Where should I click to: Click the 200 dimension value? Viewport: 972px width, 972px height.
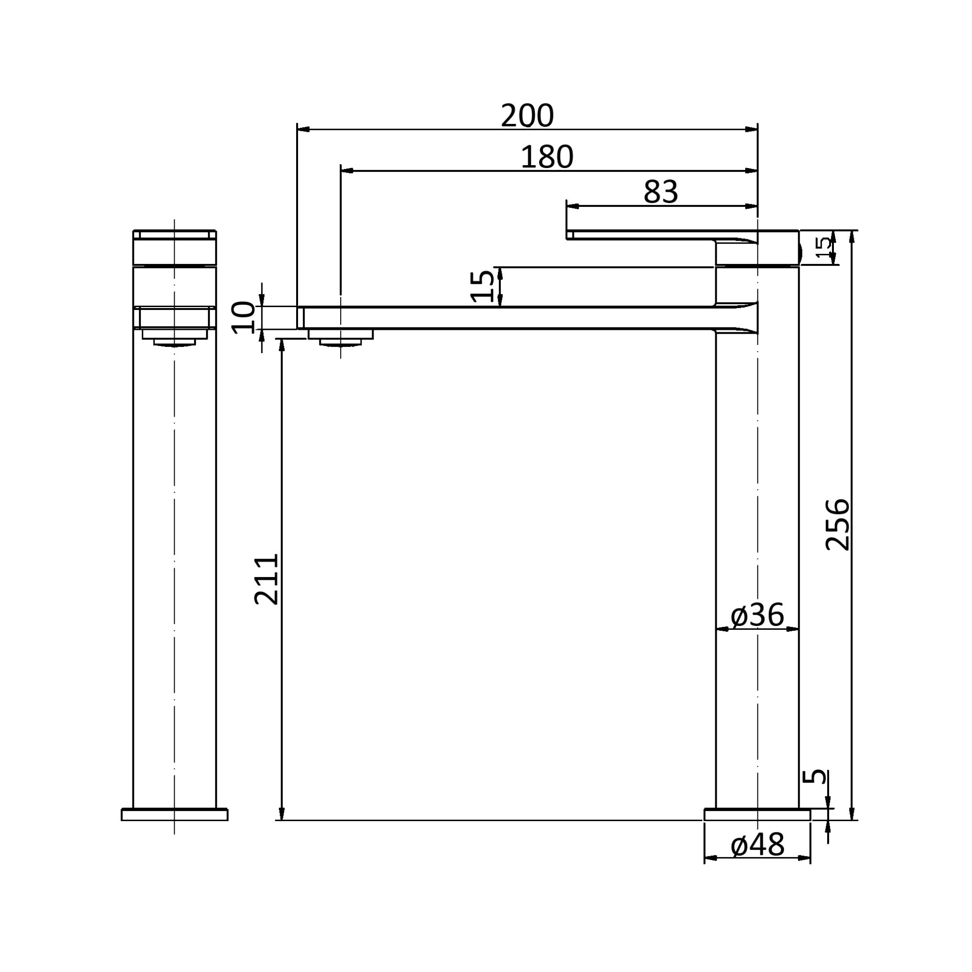coord(527,116)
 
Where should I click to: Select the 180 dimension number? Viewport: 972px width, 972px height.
coord(547,158)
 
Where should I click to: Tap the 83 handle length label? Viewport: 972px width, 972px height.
coord(661,192)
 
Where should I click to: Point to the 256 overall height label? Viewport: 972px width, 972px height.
coord(838,524)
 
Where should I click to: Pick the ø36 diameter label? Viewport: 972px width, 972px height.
coord(757,615)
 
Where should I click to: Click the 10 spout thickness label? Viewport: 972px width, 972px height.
coord(243,318)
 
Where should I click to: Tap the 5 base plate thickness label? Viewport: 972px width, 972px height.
coord(814,776)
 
